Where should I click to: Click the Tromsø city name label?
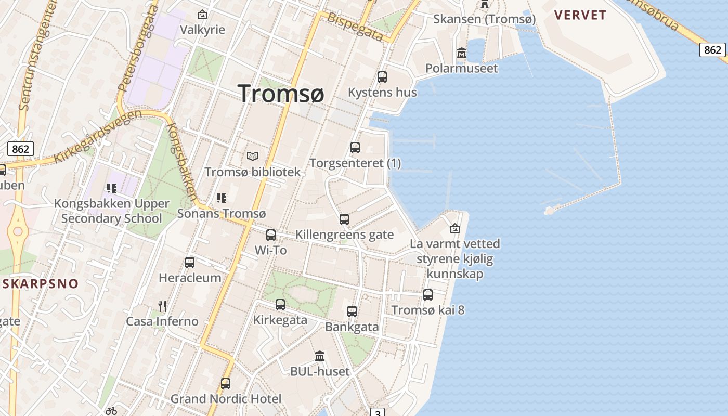point(281,93)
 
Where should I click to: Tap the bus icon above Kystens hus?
point(382,77)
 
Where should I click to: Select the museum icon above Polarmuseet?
point(461,53)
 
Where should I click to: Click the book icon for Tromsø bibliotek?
point(253,156)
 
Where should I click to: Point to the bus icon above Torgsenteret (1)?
point(355,148)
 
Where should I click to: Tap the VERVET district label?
point(580,15)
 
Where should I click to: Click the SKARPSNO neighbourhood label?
point(41,284)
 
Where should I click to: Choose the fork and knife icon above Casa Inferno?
point(162,306)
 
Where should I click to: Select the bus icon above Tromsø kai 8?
point(428,295)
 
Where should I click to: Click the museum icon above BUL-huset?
point(320,356)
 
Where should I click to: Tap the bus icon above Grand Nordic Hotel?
point(226,384)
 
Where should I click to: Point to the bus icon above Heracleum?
point(190,263)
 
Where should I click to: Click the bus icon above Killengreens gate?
point(344,219)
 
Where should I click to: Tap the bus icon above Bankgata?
point(352,311)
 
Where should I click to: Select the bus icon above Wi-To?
point(271,235)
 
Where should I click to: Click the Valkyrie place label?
point(202,30)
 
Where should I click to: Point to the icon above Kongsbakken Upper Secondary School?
point(111,188)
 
